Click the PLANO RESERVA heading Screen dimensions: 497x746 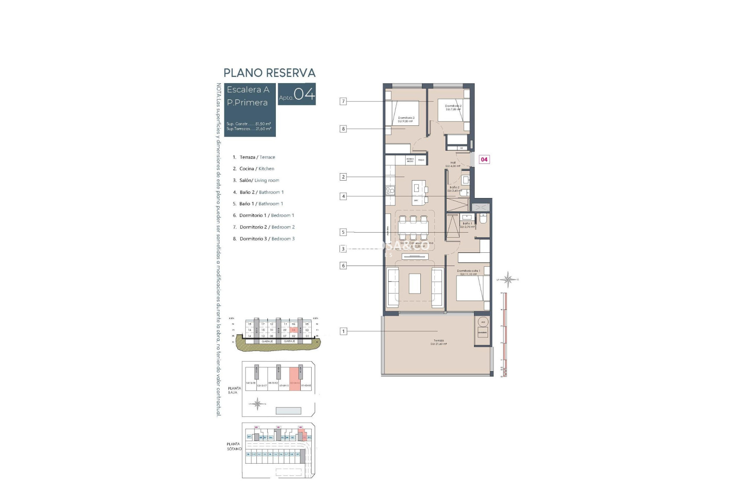(269, 73)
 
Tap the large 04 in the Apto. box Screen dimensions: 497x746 (304, 94)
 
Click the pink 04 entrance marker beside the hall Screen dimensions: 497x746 (484, 159)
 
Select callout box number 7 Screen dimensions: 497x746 (343, 101)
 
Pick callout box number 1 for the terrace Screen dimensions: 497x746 (343, 331)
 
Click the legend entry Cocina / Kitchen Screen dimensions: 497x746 (256, 169)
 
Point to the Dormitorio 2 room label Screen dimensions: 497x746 (453, 106)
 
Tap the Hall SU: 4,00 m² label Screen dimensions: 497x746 (453, 164)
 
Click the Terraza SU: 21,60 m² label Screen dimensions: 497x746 (439, 342)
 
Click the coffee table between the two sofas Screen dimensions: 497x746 (415, 283)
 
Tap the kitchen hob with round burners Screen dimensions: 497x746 (390, 190)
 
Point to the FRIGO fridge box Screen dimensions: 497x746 (421, 160)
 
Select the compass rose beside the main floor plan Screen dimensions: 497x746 (508, 279)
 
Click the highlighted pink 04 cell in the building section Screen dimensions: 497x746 (294, 330)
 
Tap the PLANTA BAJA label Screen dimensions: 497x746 (234, 390)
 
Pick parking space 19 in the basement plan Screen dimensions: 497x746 (298, 454)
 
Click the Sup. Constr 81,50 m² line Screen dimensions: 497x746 (249, 124)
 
